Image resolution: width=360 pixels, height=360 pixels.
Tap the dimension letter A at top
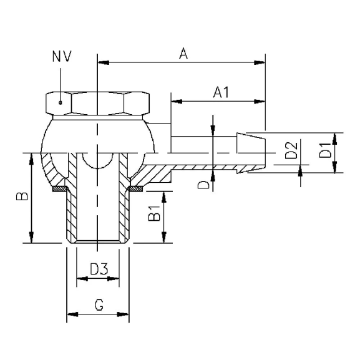click(x=183, y=54)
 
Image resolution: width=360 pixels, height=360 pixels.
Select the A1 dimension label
click(x=220, y=92)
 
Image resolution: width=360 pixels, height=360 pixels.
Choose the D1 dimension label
click(x=324, y=151)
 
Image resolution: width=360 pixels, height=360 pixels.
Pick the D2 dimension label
click(x=289, y=151)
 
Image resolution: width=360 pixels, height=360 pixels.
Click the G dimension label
click(x=98, y=305)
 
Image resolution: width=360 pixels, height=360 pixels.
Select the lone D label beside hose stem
click(x=203, y=185)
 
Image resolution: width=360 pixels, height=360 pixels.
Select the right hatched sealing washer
click(x=135, y=188)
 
